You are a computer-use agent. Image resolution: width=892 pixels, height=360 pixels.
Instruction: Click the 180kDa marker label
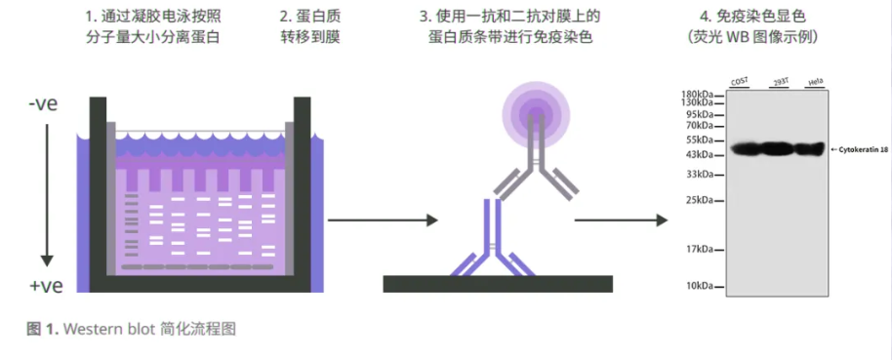point(699,94)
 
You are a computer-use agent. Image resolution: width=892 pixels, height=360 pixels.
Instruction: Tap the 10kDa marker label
point(701,286)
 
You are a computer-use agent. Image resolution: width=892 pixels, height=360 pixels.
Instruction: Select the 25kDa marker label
point(701,200)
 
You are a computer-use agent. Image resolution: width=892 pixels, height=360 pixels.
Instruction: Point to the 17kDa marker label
point(701,248)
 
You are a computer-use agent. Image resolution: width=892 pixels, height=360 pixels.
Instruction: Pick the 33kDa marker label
point(701,174)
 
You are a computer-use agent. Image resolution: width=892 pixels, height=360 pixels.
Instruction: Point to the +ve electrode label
point(45,286)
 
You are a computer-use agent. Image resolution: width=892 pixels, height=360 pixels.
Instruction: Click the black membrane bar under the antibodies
point(498,284)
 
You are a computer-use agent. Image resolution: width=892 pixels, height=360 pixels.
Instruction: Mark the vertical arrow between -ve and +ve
point(45,195)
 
